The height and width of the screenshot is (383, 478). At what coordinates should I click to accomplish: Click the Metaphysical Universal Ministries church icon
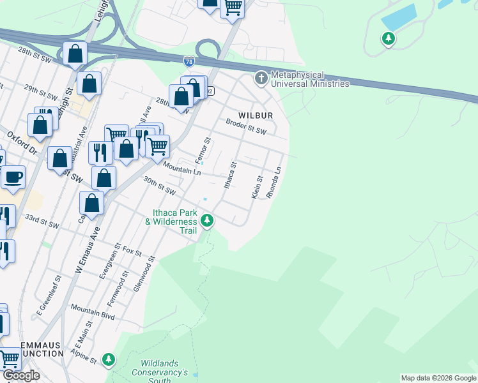[261, 79]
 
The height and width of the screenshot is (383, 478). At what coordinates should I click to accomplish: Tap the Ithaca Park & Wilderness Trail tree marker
[206, 221]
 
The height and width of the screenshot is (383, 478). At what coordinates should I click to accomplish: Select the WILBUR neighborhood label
[256, 116]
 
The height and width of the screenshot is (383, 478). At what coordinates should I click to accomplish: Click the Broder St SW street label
[245, 126]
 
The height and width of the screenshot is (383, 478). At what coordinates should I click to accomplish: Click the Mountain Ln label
[182, 169]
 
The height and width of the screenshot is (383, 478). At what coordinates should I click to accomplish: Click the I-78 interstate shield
[189, 61]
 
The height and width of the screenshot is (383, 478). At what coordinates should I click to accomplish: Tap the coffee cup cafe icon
[13, 177]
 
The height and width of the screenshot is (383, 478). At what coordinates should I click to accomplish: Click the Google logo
[20, 375]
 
